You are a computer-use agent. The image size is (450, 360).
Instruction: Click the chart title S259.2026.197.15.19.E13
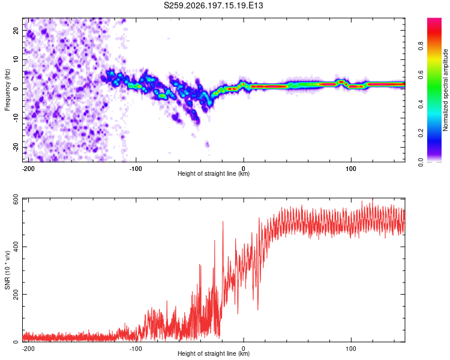213,5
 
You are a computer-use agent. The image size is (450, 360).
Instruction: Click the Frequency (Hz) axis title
7,90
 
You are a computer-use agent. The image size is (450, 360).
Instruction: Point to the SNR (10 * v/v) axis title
7,270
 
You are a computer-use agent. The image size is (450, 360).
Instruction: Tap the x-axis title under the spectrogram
214,173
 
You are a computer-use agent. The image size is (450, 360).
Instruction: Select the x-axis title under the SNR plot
214,353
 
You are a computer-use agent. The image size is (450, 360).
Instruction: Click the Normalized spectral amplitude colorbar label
445,90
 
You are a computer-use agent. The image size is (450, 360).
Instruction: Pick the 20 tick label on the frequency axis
16,31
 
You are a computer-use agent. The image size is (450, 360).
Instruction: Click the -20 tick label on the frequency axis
16,147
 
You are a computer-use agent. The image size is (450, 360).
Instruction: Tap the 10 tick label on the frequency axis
16,59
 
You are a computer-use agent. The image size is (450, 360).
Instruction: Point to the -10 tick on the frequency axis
16,118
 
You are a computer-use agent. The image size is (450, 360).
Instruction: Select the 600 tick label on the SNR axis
16,199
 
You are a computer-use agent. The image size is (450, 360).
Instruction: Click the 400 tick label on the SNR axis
16,247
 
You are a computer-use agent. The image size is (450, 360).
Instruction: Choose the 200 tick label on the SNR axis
16,295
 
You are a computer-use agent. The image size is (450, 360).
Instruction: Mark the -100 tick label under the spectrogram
136,169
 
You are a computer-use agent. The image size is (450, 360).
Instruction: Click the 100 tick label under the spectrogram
351,169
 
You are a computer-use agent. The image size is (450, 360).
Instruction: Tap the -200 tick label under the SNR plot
28,349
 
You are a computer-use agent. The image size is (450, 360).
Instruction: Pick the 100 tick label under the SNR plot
351,349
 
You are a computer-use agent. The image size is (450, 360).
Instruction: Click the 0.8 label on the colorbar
421,46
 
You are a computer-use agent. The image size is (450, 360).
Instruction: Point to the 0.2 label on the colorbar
421,133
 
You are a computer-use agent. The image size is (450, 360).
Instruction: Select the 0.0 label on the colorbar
421,162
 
